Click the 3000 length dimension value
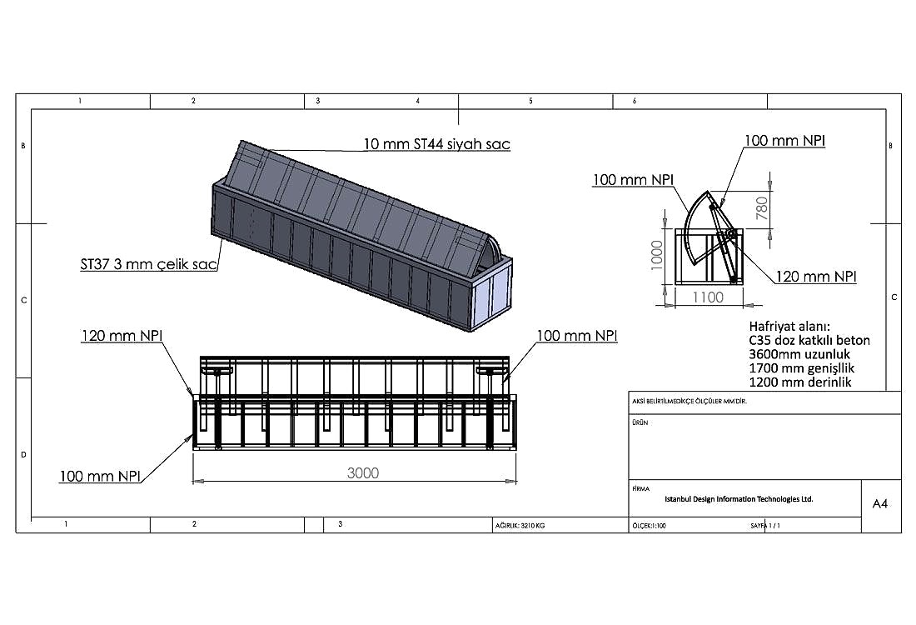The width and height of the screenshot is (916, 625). pos(363,473)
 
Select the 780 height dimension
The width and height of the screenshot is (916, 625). pos(762,208)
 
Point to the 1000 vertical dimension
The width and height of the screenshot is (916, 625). pos(657,256)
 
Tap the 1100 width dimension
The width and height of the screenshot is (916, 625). pos(708,297)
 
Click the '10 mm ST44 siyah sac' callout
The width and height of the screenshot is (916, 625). pos(437,144)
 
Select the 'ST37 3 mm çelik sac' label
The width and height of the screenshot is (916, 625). pos(148,264)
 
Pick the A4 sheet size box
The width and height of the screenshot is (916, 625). pos(880,503)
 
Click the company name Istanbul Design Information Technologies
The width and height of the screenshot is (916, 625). pos(739,499)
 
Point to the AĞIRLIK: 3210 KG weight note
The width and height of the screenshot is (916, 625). pos(520,526)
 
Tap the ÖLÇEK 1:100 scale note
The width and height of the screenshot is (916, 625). pos(649,526)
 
